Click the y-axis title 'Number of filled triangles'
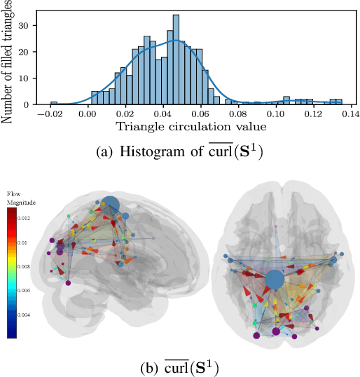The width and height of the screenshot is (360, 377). pyautogui.click(x=8, y=62)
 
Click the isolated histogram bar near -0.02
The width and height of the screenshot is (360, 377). pyautogui.click(x=54, y=103)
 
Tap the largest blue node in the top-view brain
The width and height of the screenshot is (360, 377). pyautogui.click(x=275, y=280)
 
